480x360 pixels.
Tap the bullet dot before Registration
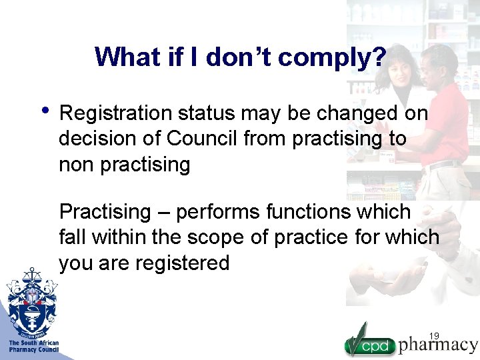(45, 109)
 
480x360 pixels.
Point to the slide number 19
(435, 335)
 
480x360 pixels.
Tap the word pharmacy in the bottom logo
(438, 345)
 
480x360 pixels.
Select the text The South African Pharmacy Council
(33, 346)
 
